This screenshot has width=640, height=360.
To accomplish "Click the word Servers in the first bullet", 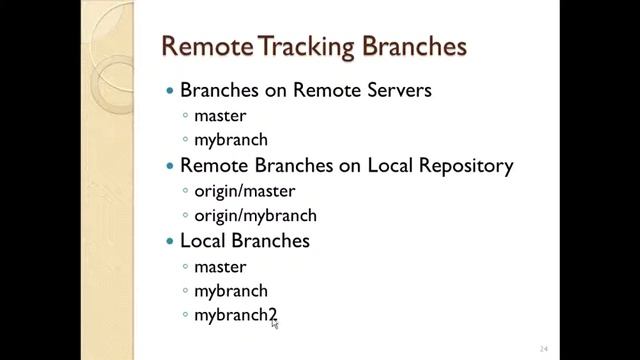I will pyautogui.click(x=397, y=90).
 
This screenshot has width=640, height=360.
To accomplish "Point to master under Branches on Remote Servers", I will pyautogui.click(x=220, y=115).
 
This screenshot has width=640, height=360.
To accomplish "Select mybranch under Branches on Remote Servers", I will pyautogui.click(x=230, y=140).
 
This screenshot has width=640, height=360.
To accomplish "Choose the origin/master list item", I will pyautogui.click(x=244, y=190).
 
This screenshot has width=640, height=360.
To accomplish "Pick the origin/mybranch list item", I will pyautogui.click(x=255, y=215).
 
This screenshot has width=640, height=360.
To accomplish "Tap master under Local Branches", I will pyautogui.click(x=220, y=267).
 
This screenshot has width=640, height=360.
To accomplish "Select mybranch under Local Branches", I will pyautogui.click(x=230, y=291).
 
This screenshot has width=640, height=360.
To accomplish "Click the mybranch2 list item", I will pyautogui.click(x=234, y=315).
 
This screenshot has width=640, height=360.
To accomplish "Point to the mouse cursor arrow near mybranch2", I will pyautogui.click(x=275, y=323).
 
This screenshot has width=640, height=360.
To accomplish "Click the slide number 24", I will pyautogui.click(x=544, y=348).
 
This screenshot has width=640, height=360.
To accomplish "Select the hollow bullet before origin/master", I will pyautogui.click(x=186, y=191).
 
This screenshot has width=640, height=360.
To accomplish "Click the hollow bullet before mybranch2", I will pyautogui.click(x=186, y=316).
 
